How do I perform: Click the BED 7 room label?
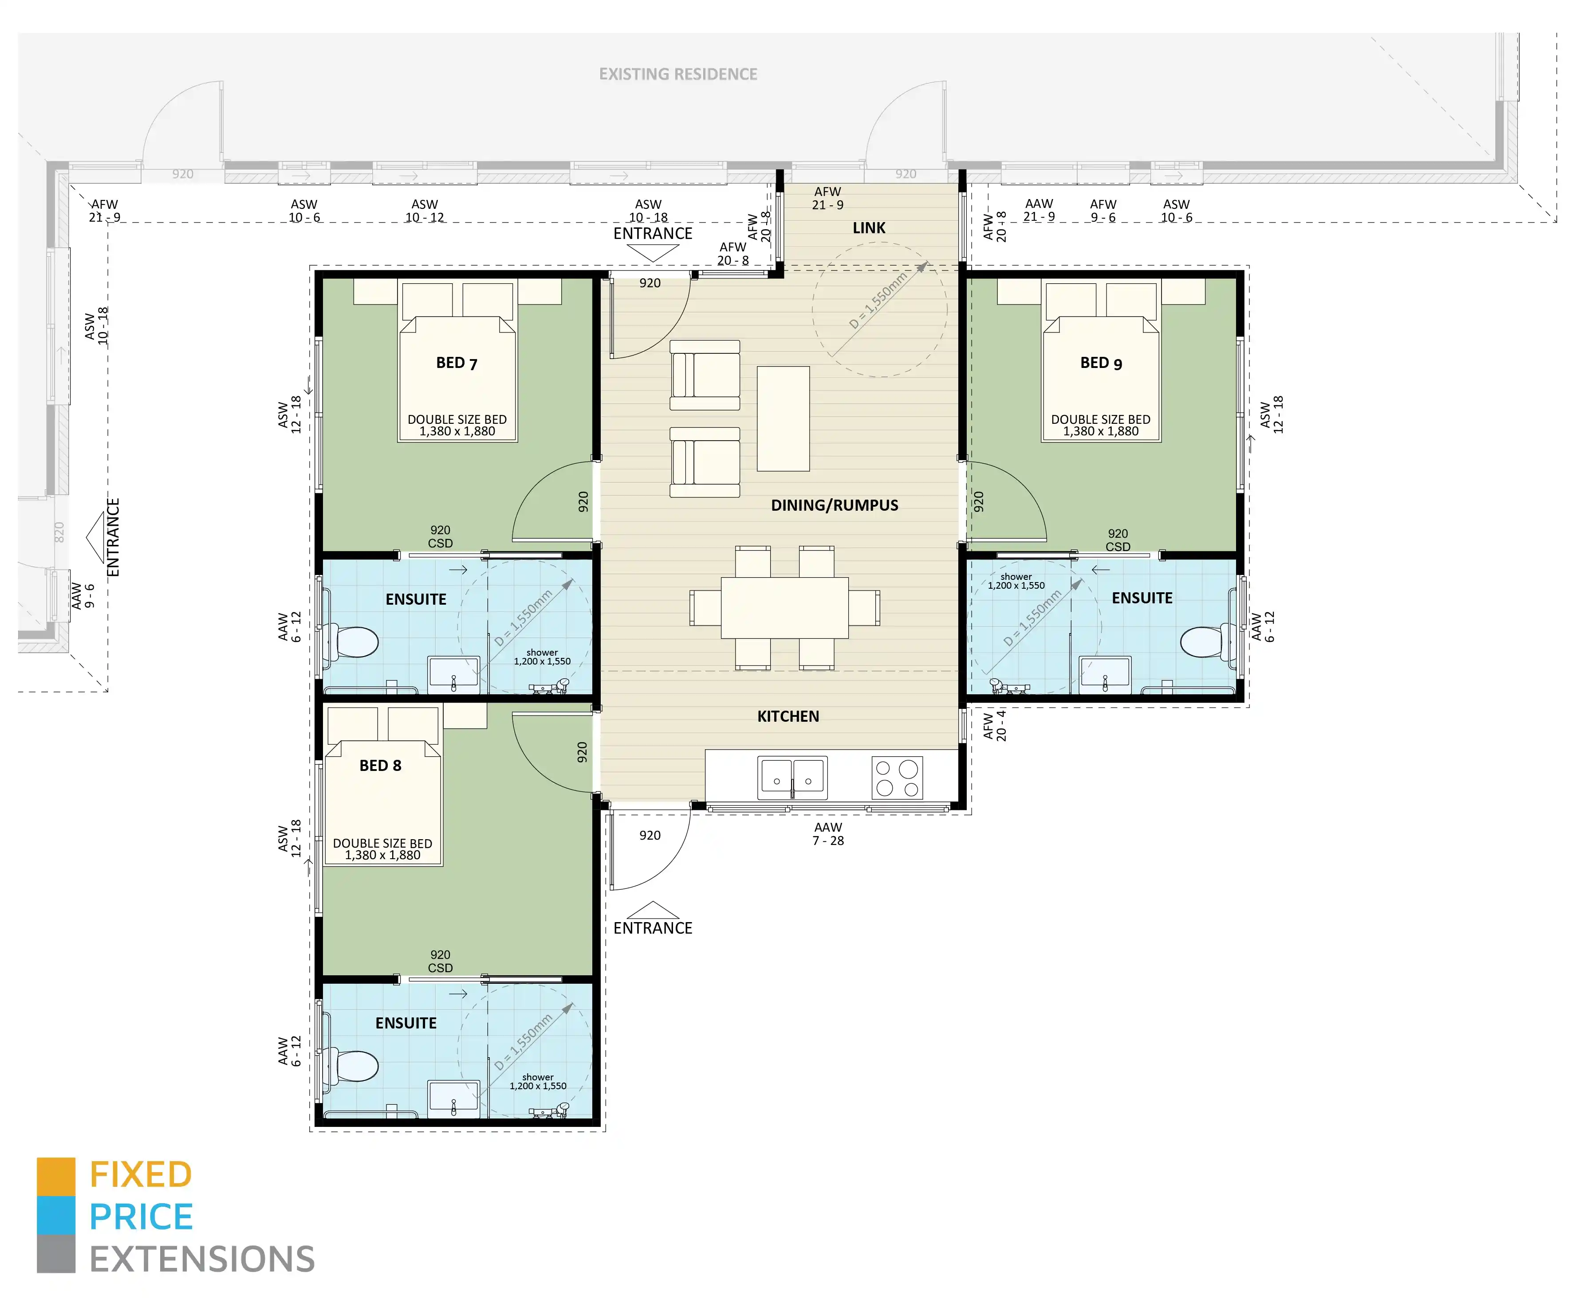(x=457, y=364)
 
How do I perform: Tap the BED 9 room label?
(x=1100, y=364)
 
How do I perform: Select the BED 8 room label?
(x=380, y=766)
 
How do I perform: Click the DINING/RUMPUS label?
(x=834, y=505)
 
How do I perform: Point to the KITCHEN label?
(x=788, y=716)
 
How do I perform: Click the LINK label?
(x=869, y=228)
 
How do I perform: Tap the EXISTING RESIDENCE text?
(x=678, y=74)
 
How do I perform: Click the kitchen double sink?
(x=792, y=778)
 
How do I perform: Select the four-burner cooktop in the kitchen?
(x=897, y=778)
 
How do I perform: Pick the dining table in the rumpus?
(x=784, y=607)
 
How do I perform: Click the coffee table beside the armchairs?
(x=783, y=419)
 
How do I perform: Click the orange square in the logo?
(x=56, y=1176)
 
